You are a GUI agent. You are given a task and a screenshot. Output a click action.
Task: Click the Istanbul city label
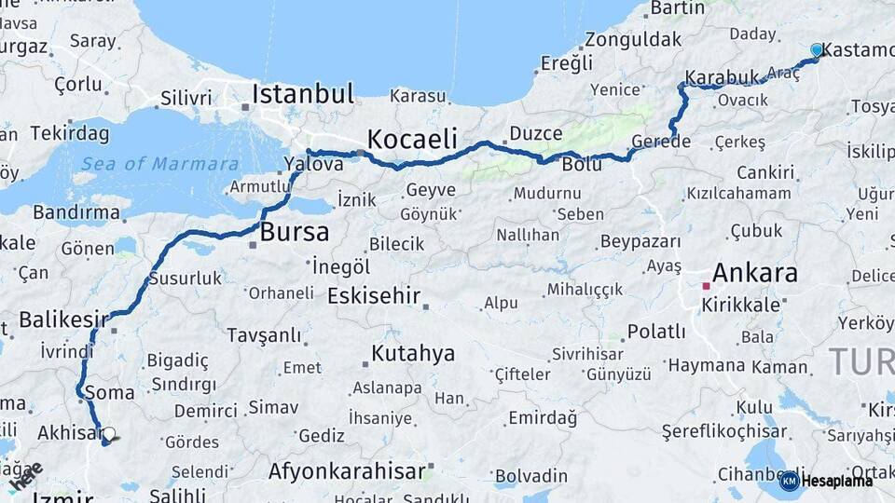tap(303, 94)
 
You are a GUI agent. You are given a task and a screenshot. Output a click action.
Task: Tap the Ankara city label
tap(754, 273)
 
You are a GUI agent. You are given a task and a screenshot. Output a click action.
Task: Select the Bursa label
tap(295, 232)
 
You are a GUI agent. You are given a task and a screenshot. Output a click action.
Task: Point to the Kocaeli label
tap(412, 140)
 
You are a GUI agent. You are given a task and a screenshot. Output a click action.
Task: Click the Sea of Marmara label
tap(158, 164)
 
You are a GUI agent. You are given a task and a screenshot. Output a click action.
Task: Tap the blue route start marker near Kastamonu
tap(817, 49)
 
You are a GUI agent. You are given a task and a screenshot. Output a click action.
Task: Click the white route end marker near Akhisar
tap(109, 434)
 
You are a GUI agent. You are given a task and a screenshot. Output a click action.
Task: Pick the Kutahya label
tap(413, 354)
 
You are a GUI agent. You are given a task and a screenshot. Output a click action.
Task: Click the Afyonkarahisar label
tap(347, 471)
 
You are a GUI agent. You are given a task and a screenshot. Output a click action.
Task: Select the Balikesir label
tap(58, 319)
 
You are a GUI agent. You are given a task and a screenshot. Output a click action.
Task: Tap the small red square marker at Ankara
tap(706, 286)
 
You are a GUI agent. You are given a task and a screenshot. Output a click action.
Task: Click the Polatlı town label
tap(656, 332)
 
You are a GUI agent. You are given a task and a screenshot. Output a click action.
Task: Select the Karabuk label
tap(723, 77)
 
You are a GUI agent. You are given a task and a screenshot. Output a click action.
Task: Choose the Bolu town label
tap(582, 165)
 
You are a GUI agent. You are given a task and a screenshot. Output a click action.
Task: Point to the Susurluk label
tap(185, 278)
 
